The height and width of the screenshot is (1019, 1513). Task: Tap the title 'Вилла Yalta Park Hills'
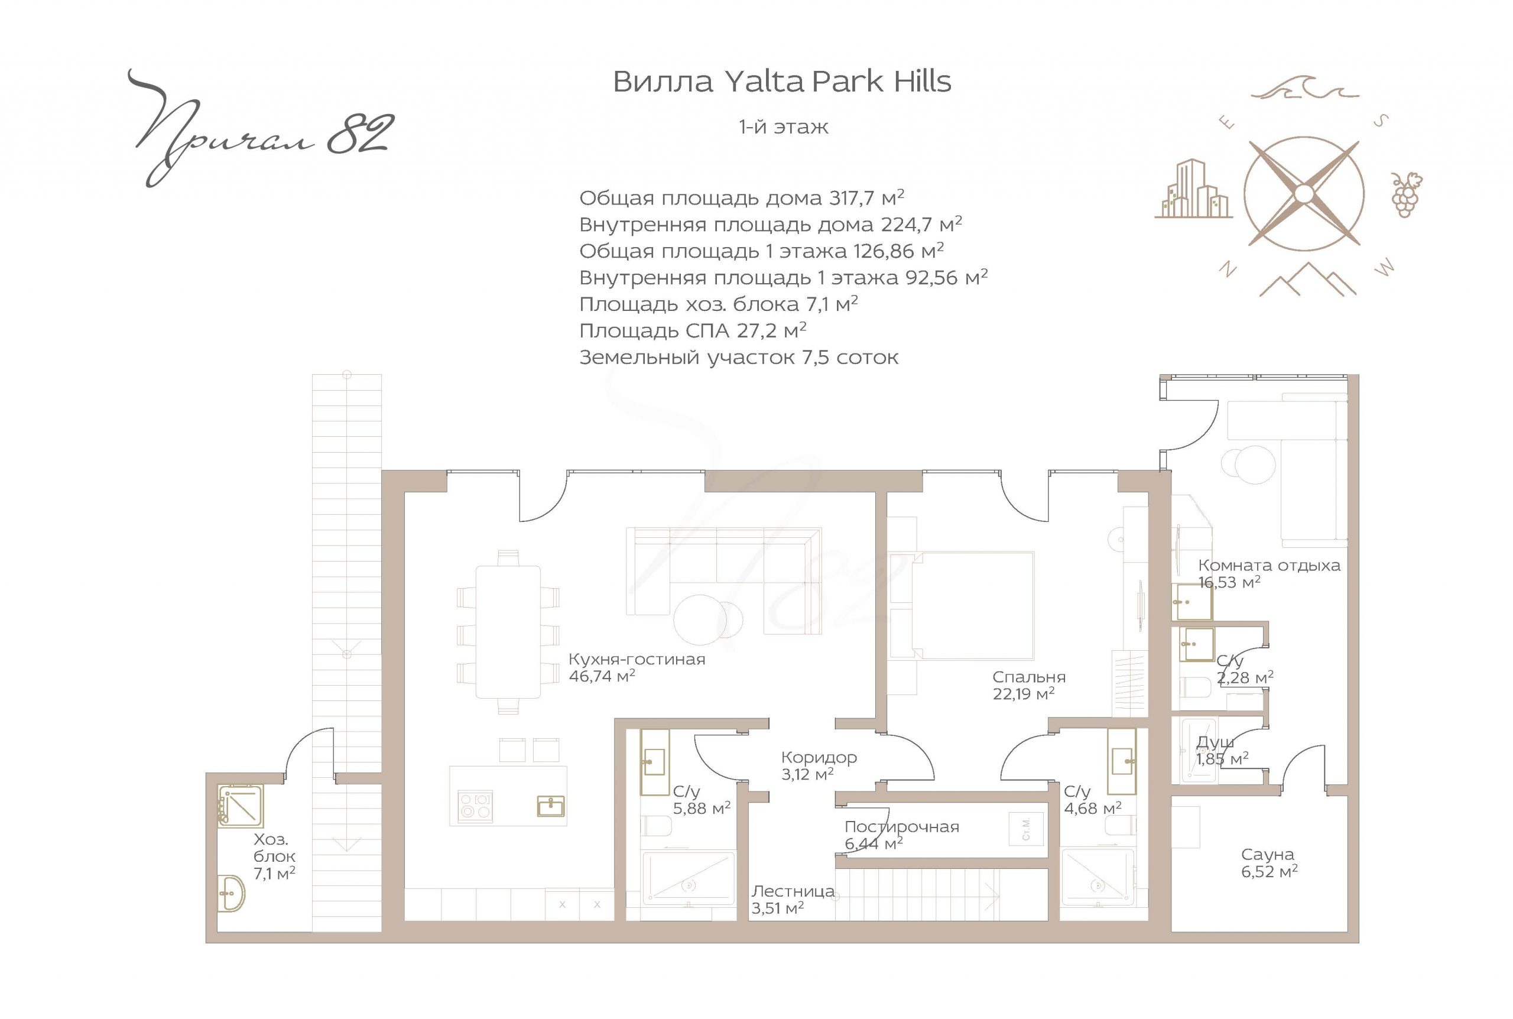click(x=782, y=82)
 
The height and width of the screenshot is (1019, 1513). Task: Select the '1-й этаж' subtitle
click(x=784, y=126)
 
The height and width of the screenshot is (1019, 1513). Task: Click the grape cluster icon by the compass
click(x=1406, y=194)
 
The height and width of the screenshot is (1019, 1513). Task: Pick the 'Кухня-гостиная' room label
click(x=637, y=659)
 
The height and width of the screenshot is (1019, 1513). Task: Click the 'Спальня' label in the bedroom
click(x=1029, y=677)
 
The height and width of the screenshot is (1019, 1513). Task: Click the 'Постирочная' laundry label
click(x=902, y=827)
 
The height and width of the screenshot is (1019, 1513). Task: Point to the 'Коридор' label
click(x=819, y=758)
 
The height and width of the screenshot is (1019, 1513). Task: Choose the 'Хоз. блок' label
click(x=274, y=848)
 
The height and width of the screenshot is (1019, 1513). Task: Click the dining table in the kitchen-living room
click(x=508, y=632)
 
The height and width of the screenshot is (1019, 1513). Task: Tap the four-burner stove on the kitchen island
click(x=476, y=806)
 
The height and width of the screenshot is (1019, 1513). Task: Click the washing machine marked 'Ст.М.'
click(x=1026, y=829)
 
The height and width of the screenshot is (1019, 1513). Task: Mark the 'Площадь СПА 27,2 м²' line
click(x=693, y=330)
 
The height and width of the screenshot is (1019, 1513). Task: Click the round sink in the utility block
click(x=230, y=893)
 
